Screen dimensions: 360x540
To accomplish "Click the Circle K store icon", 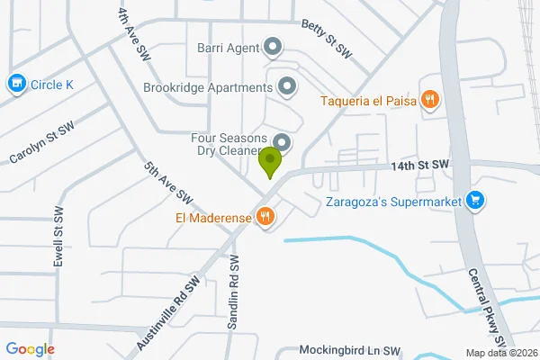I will pyautogui.click(x=15, y=85).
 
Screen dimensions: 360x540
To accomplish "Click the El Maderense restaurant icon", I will pyautogui.click(x=265, y=216).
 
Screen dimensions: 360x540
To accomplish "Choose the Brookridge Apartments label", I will pyautogui.click(x=208, y=88).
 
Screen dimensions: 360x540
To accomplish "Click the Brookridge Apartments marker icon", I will pyautogui.click(x=287, y=87).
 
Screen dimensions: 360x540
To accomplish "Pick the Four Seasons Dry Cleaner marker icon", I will pyautogui.click(x=283, y=143).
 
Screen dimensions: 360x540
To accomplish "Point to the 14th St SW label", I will pyautogui.click(x=419, y=166).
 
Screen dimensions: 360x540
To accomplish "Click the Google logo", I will pyautogui.click(x=30, y=349).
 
